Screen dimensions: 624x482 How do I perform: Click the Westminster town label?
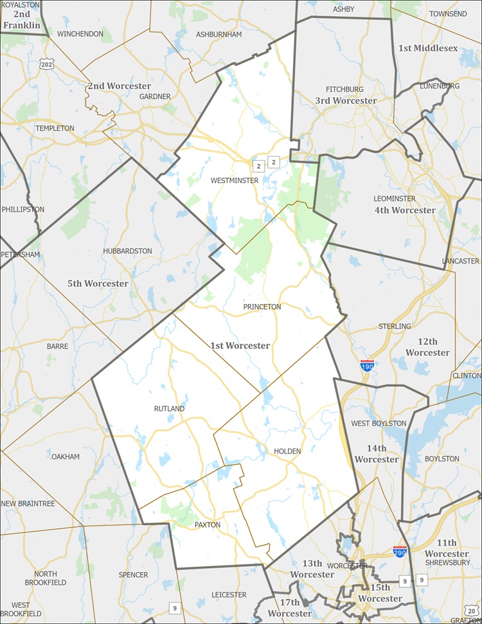pyautogui.click(x=235, y=181)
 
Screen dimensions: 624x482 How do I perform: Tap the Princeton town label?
pyautogui.click(x=262, y=307)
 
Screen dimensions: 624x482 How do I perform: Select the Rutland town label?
pyautogui.click(x=169, y=409)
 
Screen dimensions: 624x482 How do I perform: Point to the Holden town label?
pyautogui.click(x=287, y=451)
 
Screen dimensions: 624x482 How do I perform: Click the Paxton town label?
pyautogui.click(x=208, y=525)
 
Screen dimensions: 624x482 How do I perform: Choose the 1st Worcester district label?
pyautogui.click(x=240, y=346)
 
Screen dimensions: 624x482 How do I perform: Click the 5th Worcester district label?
pyautogui.click(x=98, y=283)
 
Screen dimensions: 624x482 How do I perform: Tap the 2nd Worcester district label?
pyautogui.click(x=120, y=86)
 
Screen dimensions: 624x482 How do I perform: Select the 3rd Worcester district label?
pyautogui.click(x=346, y=101)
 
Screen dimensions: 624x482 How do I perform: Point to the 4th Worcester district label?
pyautogui.click(x=405, y=210)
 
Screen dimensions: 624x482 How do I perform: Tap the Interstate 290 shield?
pyautogui.click(x=400, y=551)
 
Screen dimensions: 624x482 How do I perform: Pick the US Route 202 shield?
pyautogui.click(x=46, y=64)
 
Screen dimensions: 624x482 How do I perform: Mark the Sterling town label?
pyautogui.click(x=395, y=326)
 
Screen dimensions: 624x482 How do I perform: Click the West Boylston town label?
pyautogui.click(x=379, y=423)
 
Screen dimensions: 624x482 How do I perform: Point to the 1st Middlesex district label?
pyautogui.click(x=428, y=48)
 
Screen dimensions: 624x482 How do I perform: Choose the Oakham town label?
pyautogui.click(x=66, y=457)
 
